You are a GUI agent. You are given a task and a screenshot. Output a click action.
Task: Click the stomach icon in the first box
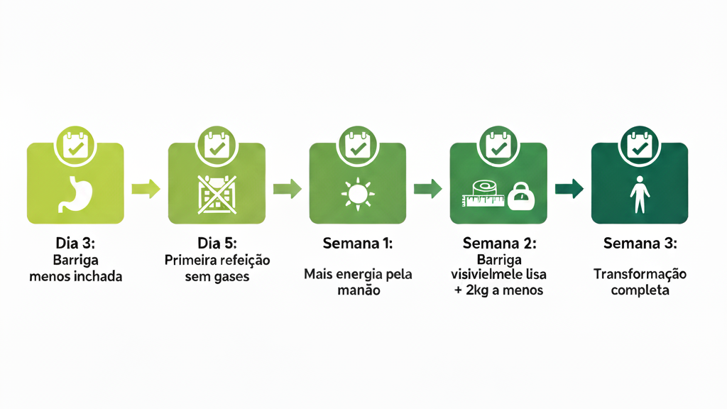point(75,194)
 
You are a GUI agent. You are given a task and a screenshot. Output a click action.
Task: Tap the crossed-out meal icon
point(217,195)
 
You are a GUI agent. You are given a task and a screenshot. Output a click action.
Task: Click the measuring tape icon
point(483,195)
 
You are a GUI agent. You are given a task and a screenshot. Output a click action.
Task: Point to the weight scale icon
point(521,196)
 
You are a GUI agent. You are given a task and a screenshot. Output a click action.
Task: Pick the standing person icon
point(640,195)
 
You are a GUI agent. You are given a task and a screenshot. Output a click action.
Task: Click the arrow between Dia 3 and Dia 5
point(146,189)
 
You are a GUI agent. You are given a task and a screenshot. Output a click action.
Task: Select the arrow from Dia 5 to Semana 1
point(288,189)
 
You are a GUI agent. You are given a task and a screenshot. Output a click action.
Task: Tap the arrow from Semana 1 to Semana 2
point(428,189)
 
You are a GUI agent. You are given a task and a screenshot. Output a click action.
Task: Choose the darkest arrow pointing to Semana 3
point(569,189)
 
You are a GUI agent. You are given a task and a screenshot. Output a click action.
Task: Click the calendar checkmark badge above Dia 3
point(75,146)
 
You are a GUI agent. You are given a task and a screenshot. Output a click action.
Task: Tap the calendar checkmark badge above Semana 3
point(640,146)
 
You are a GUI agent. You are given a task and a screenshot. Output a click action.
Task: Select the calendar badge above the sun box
point(358,146)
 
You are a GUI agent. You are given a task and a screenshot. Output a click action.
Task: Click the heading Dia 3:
point(75,243)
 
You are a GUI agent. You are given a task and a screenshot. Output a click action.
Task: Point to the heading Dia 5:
point(217,243)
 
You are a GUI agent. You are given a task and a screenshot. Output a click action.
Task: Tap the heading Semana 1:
point(358,244)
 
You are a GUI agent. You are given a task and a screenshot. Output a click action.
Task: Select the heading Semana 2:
point(499,244)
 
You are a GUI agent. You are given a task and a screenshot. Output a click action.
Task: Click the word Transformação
point(640,275)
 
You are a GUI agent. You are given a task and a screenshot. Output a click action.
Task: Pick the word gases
point(231,278)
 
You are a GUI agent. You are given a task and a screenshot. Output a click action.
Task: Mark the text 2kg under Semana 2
point(478,290)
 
